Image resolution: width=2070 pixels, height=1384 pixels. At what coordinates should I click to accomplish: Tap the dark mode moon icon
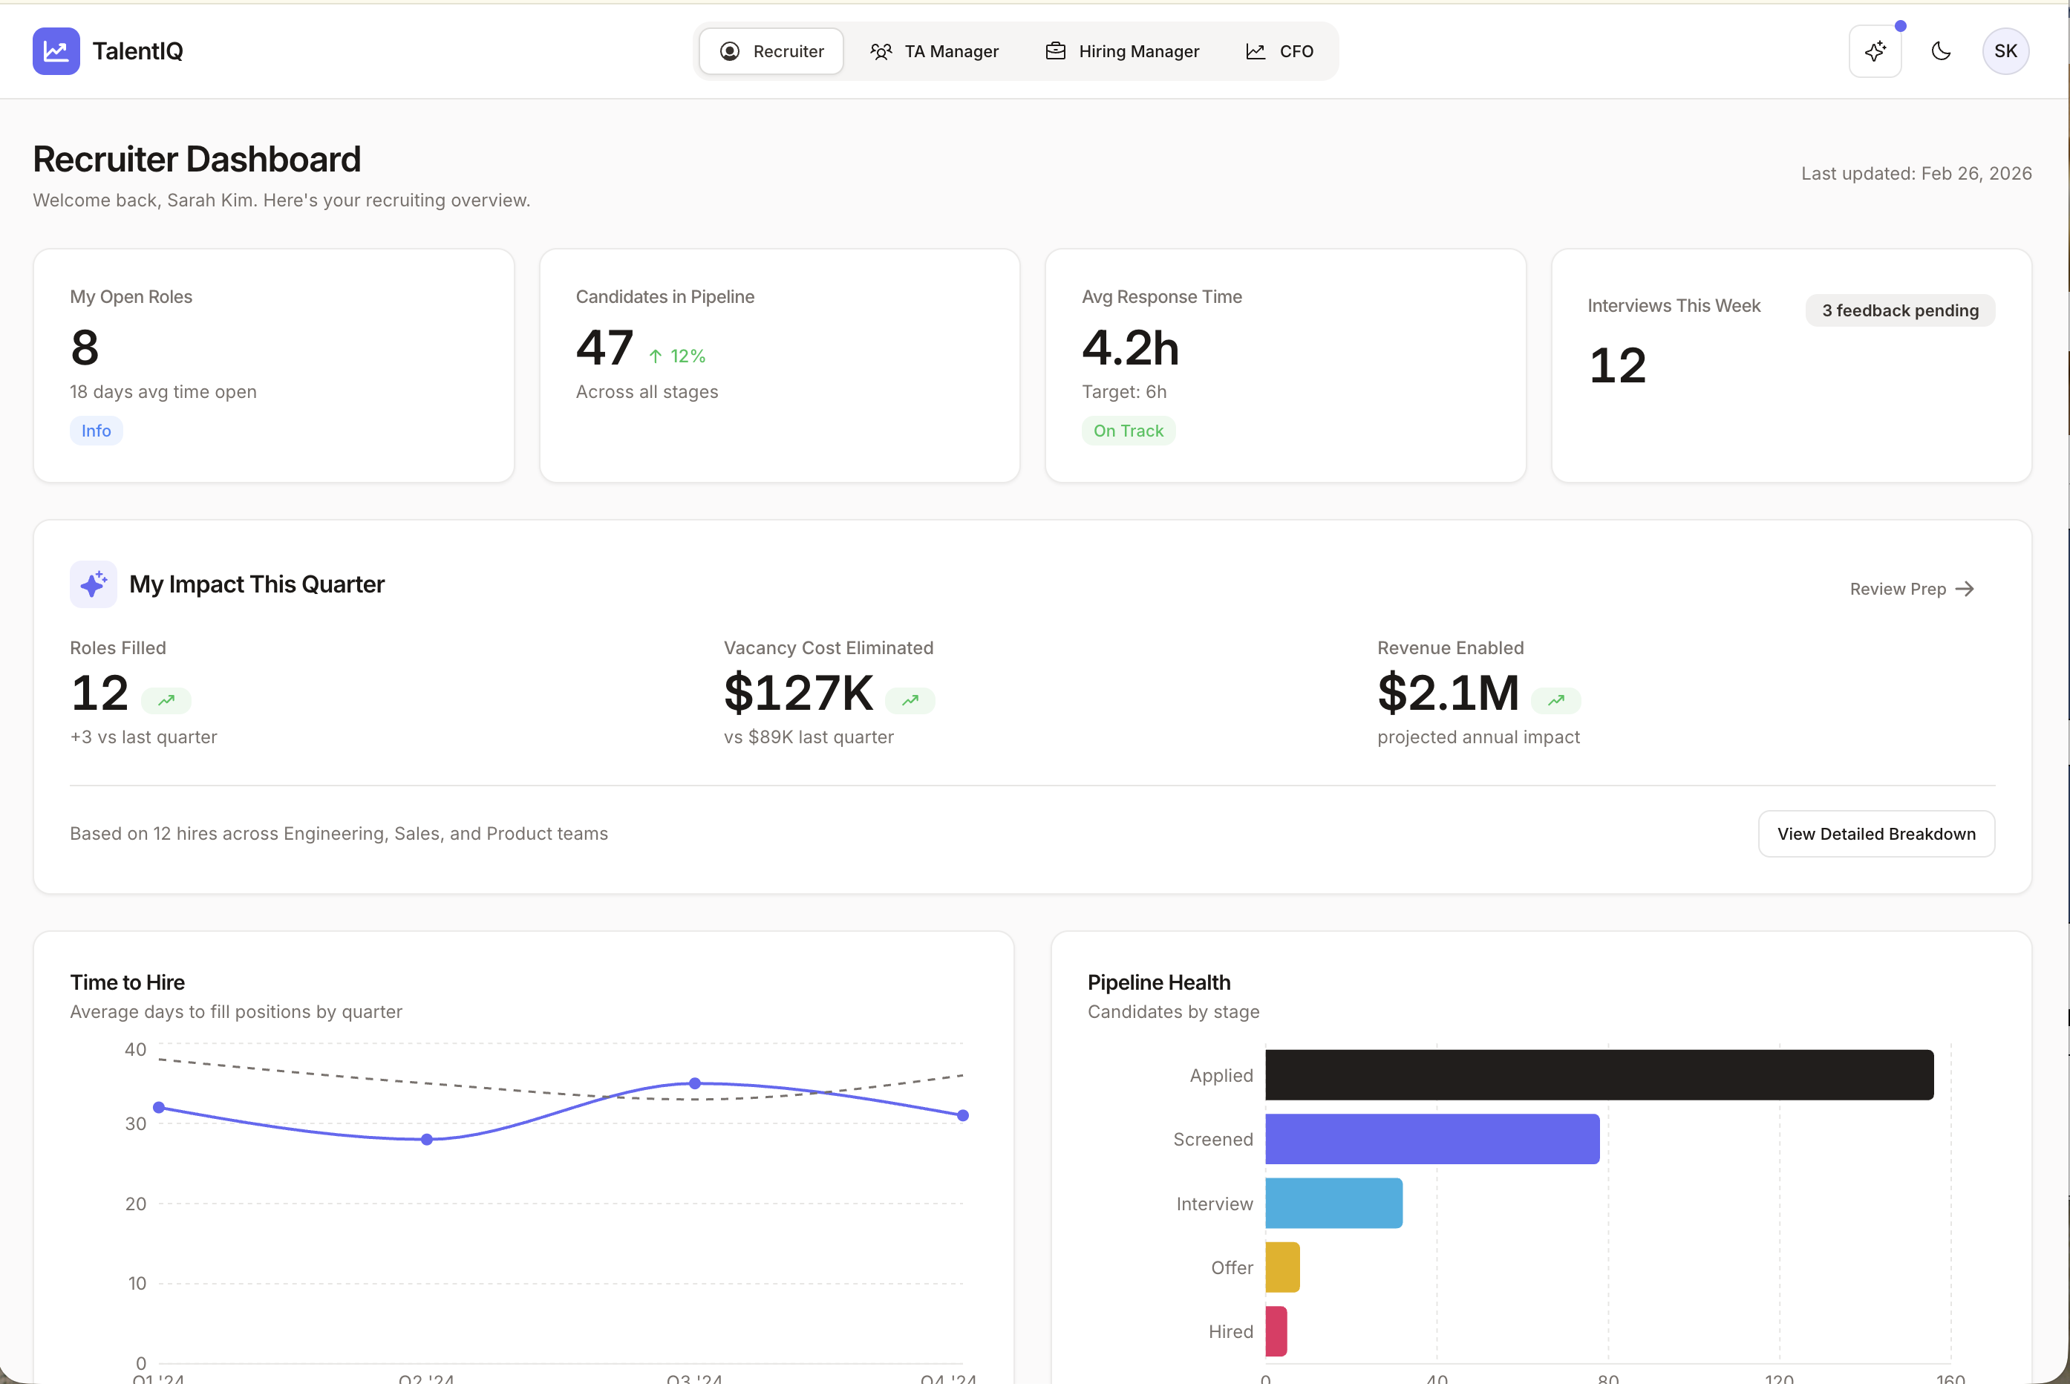(1940, 51)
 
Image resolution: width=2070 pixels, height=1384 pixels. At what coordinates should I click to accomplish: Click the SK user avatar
(2005, 51)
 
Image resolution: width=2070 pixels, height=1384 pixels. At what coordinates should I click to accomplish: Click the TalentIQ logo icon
(56, 51)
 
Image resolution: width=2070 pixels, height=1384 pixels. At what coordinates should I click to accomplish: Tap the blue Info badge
(97, 431)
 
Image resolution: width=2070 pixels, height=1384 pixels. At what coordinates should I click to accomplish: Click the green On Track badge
(1128, 431)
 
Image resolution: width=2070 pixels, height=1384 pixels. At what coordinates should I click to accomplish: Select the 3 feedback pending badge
(1900, 310)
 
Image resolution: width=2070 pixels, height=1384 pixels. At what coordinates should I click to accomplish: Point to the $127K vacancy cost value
(797, 693)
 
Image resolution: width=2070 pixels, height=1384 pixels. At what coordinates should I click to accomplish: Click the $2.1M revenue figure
(1448, 693)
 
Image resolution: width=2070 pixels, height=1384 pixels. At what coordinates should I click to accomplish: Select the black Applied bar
(1599, 1075)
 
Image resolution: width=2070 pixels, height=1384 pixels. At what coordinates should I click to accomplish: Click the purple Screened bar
(1431, 1139)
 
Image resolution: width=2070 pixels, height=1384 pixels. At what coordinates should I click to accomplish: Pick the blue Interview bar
(1333, 1203)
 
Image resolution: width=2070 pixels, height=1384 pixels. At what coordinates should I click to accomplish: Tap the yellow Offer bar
(1282, 1267)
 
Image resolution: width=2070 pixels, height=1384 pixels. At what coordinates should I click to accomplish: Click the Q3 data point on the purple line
(694, 1083)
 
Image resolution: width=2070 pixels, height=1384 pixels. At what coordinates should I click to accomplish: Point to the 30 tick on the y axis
(135, 1123)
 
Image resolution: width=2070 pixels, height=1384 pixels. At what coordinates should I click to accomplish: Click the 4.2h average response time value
(1130, 347)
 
